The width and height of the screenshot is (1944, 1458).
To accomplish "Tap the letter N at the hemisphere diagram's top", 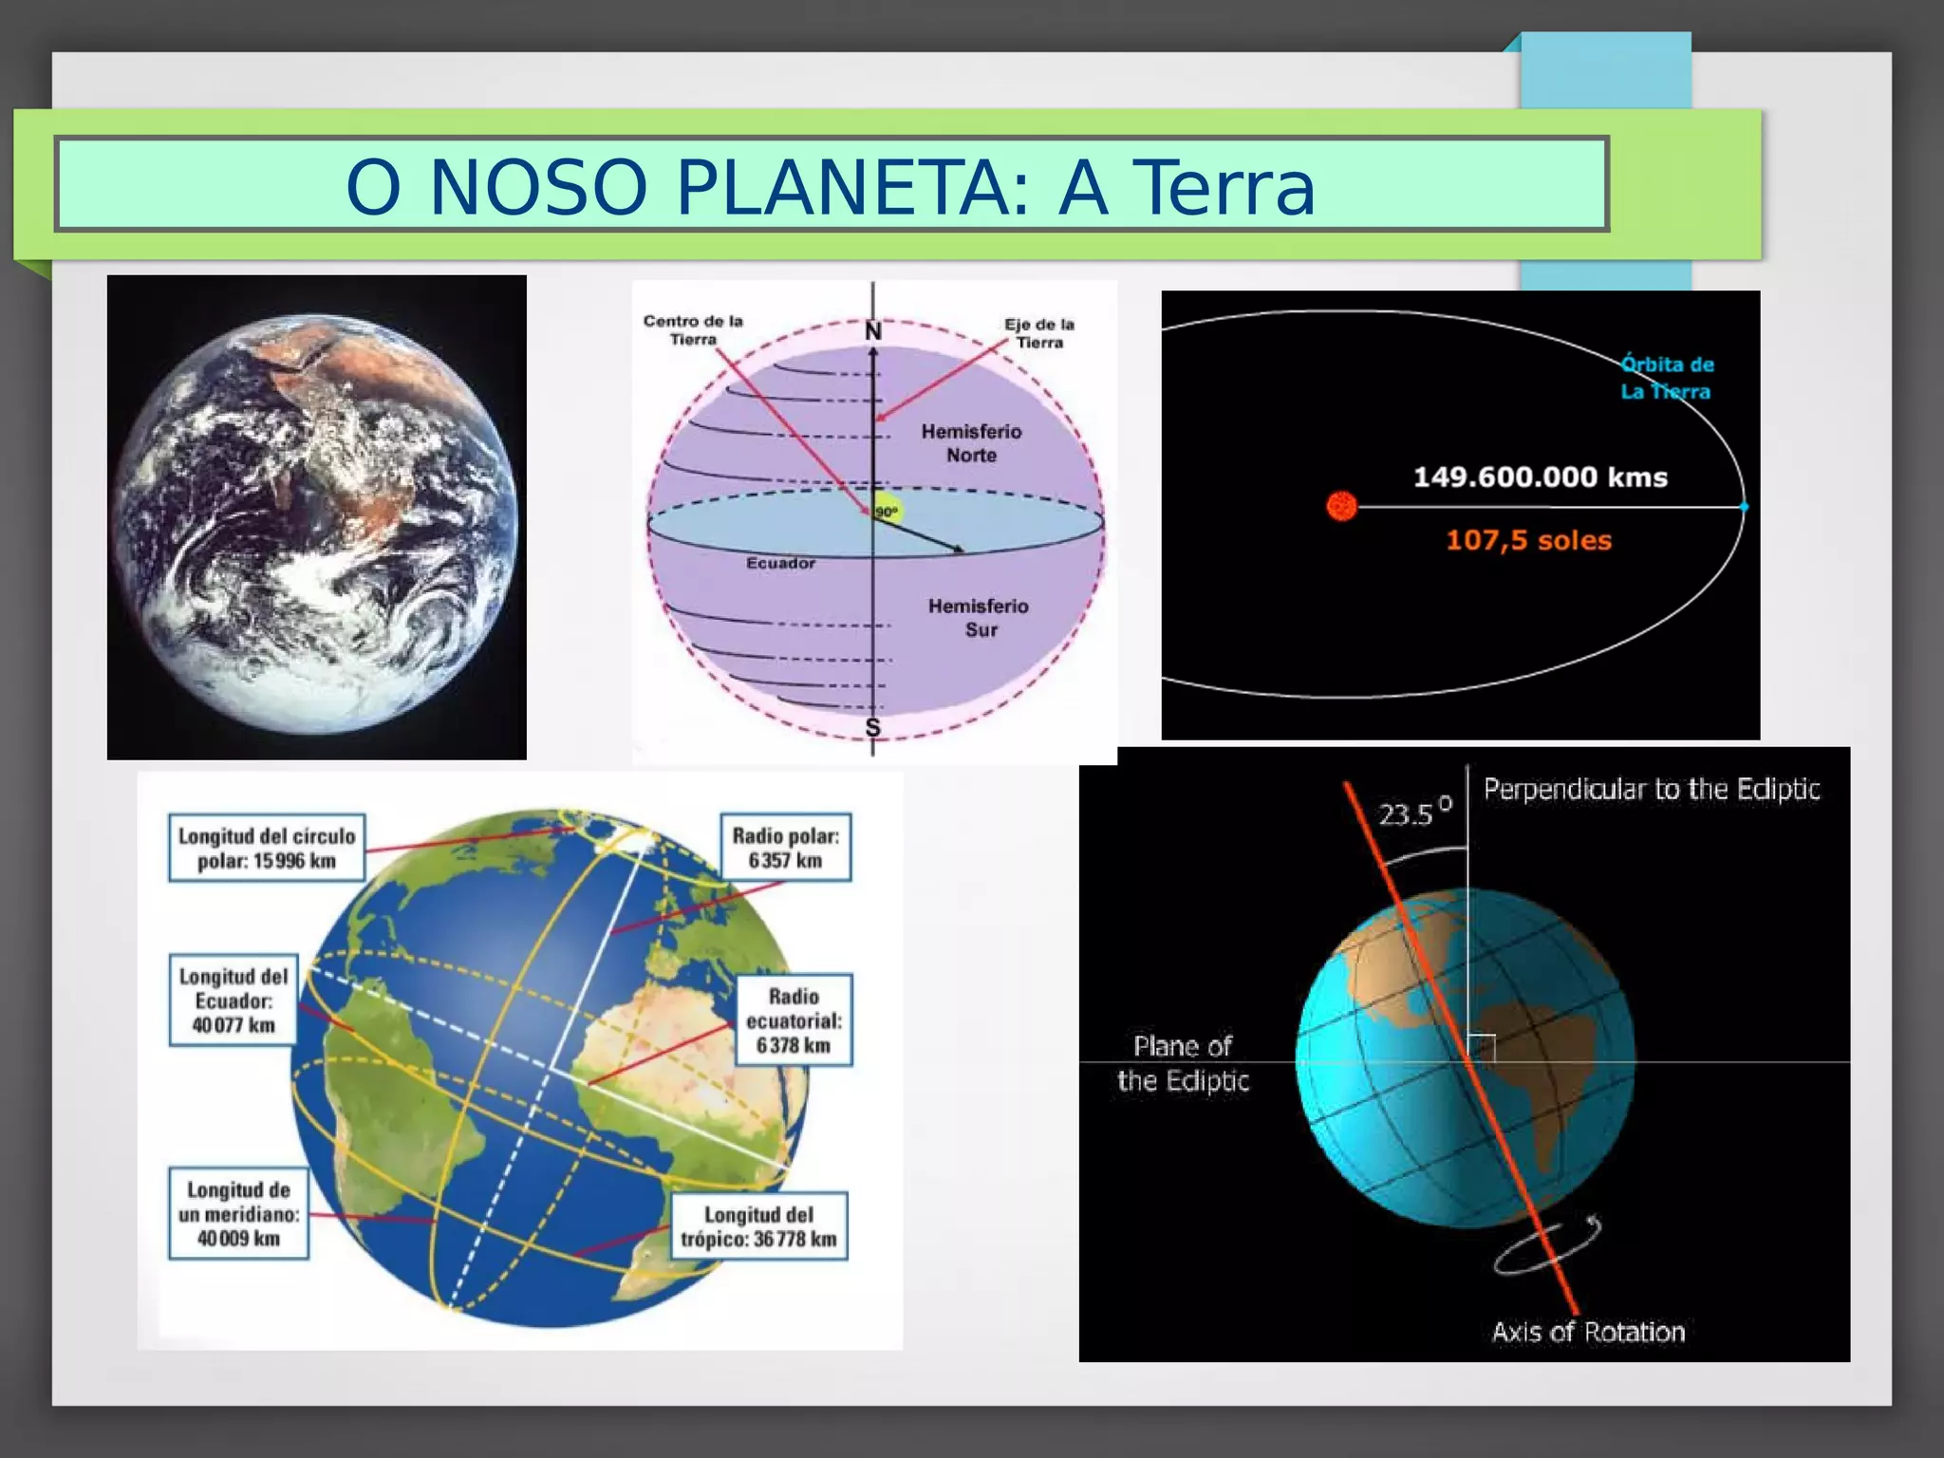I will pos(873,331).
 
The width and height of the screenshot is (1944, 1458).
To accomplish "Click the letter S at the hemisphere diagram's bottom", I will pos(872,727).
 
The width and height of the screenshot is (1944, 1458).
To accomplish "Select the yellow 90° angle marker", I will pos(888,511).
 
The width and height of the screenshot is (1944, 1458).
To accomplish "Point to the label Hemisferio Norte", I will pos(971,443).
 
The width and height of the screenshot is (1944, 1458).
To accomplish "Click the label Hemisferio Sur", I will pos(979,617).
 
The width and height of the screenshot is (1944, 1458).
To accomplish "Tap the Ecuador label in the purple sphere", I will pos(780,563).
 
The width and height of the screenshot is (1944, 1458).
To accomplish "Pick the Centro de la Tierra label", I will pos(693,330).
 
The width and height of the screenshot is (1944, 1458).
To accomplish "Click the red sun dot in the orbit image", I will pos(1341,506).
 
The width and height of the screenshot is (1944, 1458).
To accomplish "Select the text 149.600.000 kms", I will pos(1540,477).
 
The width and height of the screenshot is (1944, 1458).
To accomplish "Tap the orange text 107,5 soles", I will pos(1528,540).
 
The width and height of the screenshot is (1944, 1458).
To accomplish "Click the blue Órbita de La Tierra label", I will pos(1666,378).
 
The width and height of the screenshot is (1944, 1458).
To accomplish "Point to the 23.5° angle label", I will pos(1413,813).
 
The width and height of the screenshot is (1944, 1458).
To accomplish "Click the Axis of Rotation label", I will pos(1588,1332).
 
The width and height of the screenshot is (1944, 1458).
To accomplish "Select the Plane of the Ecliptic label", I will pos(1183,1063).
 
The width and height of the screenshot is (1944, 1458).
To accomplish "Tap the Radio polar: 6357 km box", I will pos(785,848).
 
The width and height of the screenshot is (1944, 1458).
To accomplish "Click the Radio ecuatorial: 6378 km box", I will pos(794,1020).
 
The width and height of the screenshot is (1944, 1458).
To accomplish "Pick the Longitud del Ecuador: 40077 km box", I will pos(234,1000).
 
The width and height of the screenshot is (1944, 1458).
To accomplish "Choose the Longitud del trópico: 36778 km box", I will pos(758,1226).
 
